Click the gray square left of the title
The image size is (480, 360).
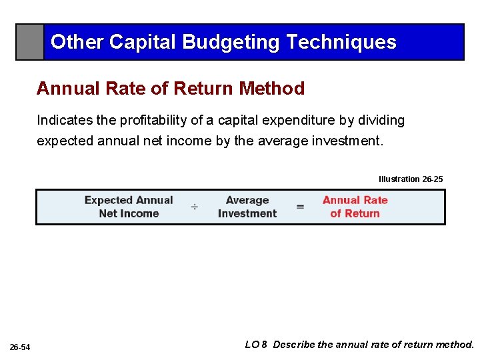point(30,43)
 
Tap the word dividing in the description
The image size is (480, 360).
point(380,121)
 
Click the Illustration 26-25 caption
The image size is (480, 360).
point(410,179)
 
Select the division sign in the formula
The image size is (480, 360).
point(195,207)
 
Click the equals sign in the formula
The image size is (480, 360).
point(300,207)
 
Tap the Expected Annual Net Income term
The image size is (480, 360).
point(129,207)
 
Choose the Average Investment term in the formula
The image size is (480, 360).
point(247,207)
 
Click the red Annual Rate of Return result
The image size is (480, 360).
point(355,207)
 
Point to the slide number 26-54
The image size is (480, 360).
point(20,347)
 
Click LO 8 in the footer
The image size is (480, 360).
point(256,345)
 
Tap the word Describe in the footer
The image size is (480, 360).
point(294,345)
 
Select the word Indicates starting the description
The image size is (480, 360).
point(62,121)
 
